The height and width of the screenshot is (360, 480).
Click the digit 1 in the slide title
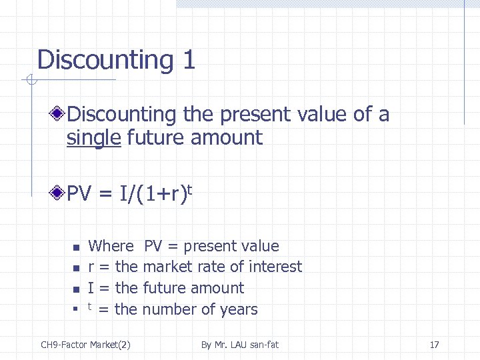click(x=187, y=60)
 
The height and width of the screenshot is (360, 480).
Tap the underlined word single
click(x=93, y=138)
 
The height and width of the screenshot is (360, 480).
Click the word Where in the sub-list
click(x=111, y=246)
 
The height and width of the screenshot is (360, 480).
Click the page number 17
click(x=434, y=345)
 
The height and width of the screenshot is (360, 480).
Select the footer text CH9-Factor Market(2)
click(x=85, y=345)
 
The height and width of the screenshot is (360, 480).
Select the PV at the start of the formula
click(x=79, y=195)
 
